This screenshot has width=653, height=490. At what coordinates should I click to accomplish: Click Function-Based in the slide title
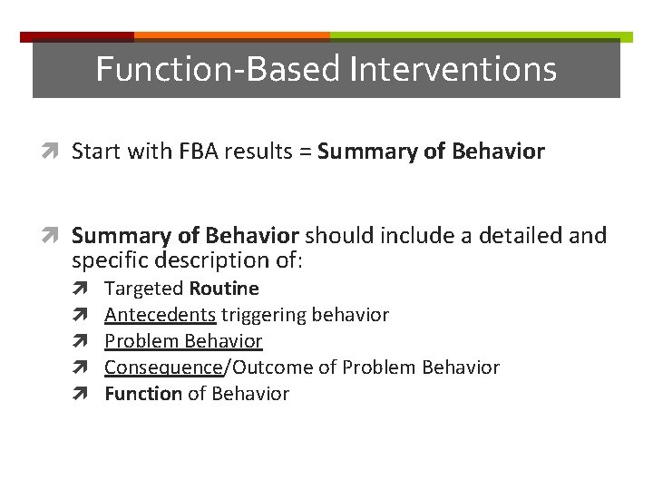coord(218,69)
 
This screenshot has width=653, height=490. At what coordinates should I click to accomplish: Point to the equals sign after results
coord(306,152)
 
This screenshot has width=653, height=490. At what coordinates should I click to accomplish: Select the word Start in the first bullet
coord(96,152)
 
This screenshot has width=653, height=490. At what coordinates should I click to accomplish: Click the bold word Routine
coord(224,289)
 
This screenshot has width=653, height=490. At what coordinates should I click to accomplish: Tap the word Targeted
coord(144,289)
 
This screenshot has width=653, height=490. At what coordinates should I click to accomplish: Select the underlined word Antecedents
coord(160,315)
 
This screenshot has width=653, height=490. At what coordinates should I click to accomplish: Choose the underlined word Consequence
coord(163,367)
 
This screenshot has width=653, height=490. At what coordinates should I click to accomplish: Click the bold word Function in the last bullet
coord(143,394)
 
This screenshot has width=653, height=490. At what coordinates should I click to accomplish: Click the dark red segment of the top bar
coord(77,37)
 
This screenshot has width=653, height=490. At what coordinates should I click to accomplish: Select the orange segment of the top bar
coord(231,37)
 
